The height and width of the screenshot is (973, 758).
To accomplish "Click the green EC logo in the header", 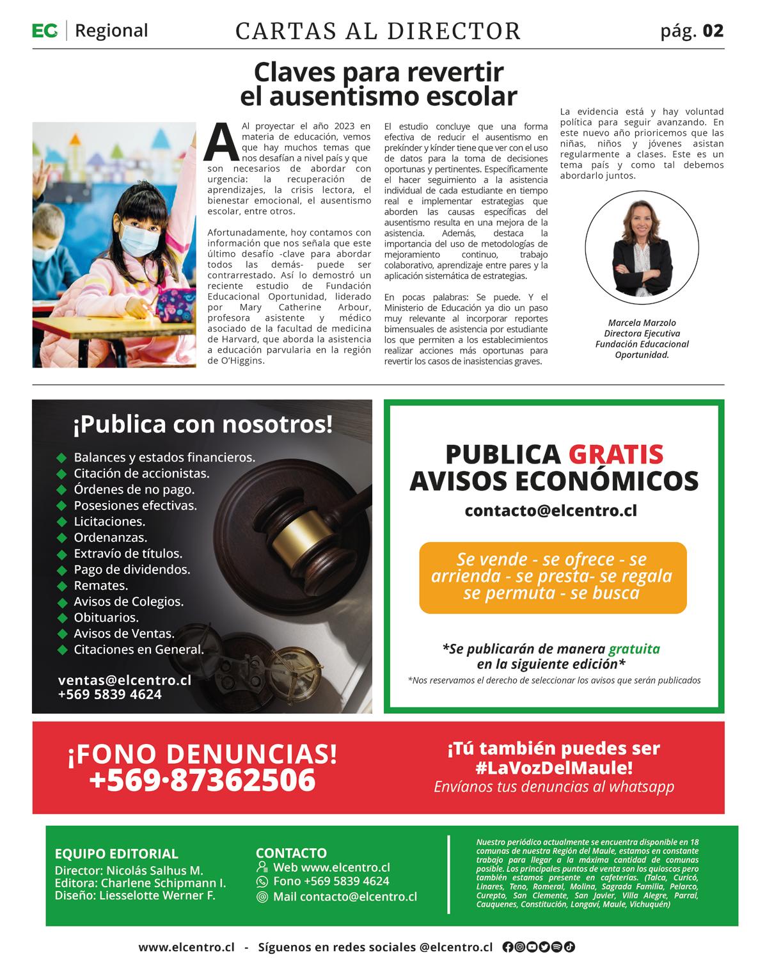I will coord(45,30).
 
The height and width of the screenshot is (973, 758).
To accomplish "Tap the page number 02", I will coord(713,31).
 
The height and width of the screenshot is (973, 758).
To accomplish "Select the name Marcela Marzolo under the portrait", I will coord(642,323).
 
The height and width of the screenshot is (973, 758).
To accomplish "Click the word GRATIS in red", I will coord(615,454).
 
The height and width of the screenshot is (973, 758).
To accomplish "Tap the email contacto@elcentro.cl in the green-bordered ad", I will coord(551,511).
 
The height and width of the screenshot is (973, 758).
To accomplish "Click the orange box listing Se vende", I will coord(552,577).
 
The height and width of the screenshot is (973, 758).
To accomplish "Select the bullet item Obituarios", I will coord(106,618).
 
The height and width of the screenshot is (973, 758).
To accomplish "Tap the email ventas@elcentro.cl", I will coord(124,680).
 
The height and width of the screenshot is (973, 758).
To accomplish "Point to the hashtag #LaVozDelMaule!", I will coord(554,767).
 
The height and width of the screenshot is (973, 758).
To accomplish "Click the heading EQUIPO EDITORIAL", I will coord(116,853).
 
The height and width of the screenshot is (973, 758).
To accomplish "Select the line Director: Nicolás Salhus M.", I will coord(129,870).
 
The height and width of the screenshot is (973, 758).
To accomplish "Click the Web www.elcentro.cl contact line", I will coord(331,867).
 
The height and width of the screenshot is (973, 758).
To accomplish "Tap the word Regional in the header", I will coord(111,30).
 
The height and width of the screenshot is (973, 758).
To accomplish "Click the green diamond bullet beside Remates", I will coord(62,586).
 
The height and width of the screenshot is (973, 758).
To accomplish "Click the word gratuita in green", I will coord(634,648).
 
